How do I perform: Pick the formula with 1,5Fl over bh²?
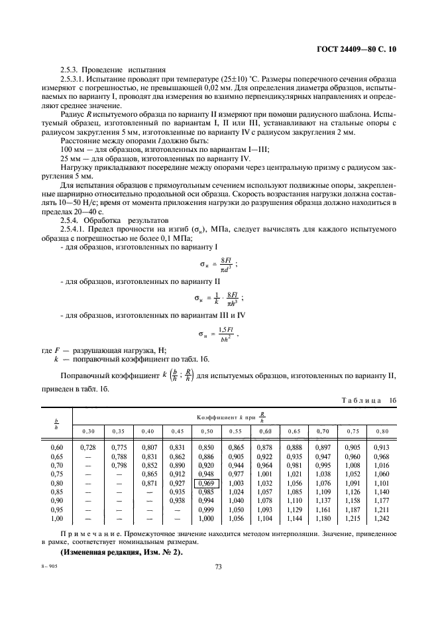219,334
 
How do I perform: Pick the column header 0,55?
236,432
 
